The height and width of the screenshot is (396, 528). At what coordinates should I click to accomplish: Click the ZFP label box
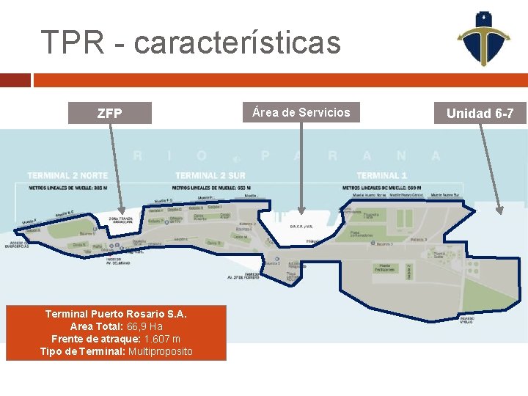(x=110, y=114)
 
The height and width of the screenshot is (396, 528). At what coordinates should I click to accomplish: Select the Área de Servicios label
(x=301, y=112)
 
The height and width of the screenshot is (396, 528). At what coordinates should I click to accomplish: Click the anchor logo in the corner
(x=482, y=38)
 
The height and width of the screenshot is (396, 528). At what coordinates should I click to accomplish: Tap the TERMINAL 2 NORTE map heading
(x=67, y=175)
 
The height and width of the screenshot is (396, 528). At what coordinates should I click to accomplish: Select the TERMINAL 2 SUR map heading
(x=210, y=175)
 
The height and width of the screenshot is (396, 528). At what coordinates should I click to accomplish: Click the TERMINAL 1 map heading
(x=382, y=175)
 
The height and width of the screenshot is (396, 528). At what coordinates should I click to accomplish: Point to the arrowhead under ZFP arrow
(x=123, y=210)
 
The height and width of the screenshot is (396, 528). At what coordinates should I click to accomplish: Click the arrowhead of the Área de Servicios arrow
(x=301, y=208)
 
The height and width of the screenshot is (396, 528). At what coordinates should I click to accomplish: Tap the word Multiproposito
(x=161, y=351)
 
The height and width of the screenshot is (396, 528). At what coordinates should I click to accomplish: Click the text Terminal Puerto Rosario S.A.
(x=116, y=314)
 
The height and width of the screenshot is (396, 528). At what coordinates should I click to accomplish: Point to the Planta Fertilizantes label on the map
(x=384, y=268)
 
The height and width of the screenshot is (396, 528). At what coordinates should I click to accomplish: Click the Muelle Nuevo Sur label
(x=445, y=196)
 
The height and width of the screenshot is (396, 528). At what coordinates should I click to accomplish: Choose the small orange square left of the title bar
(x=15, y=80)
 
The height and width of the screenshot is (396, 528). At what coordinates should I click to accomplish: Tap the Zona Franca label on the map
(x=120, y=219)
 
